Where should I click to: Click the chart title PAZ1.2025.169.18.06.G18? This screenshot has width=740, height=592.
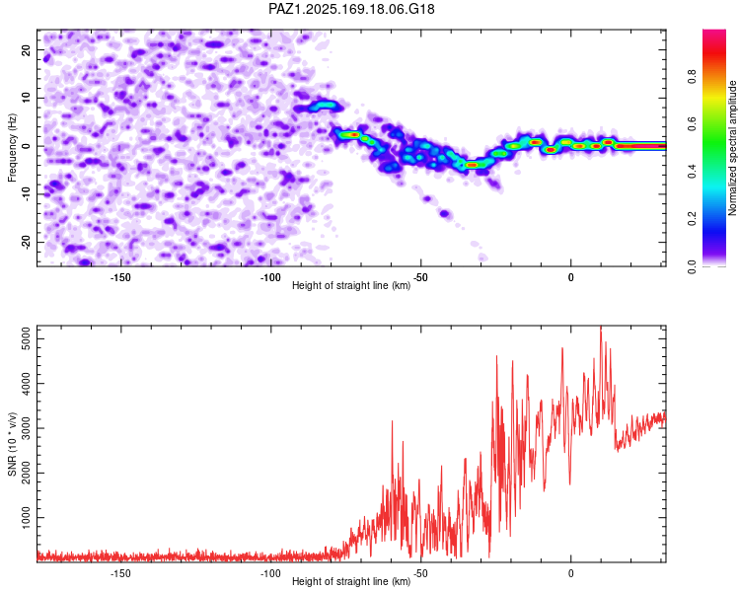(351, 9)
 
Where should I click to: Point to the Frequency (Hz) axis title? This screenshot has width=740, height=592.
(12, 148)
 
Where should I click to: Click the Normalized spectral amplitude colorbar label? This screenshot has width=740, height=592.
(732, 148)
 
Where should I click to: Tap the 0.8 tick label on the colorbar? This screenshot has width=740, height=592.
(692, 76)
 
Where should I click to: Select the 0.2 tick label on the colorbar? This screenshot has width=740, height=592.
(692, 219)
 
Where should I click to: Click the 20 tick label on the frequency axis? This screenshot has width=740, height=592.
(27, 50)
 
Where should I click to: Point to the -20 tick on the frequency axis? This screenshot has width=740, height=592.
(27, 243)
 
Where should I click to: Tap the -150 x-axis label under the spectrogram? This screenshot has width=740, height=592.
(120, 277)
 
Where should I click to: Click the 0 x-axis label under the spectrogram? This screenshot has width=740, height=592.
(570, 277)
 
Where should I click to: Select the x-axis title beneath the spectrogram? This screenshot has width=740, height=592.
(351, 285)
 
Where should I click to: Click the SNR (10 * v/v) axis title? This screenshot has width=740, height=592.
(12, 444)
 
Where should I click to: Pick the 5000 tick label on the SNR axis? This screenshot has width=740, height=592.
(27, 338)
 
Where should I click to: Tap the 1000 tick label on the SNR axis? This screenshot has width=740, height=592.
(27, 518)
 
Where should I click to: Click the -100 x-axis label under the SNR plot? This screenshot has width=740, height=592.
(270, 573)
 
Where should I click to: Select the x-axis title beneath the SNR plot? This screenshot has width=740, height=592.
(351, 581)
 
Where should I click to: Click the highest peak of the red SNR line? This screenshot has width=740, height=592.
(601, 327)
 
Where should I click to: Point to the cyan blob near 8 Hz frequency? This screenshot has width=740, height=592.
(324, 106)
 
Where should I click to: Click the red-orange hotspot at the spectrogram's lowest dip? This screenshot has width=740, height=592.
(472, 165)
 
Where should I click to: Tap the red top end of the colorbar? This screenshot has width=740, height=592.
(714, 33)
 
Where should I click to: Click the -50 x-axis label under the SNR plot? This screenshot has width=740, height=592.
(420, 573)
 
